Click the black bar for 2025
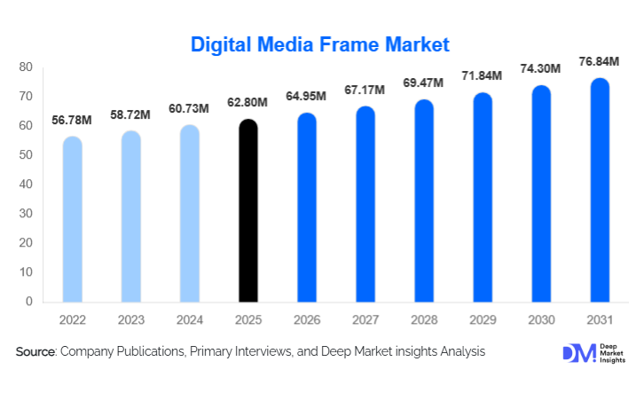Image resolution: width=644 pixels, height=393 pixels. [249, 210]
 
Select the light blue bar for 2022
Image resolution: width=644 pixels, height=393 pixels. [73, 219]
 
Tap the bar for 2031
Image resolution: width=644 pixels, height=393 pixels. [600, 190]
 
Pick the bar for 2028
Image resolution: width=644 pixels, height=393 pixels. [424, 200]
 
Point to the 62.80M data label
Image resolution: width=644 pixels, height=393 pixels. [249, 103]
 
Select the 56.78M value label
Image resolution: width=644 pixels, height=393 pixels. [73, 120]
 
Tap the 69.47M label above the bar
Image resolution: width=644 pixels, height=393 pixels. [424, 83]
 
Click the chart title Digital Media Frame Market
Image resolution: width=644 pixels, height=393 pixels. [321, 43]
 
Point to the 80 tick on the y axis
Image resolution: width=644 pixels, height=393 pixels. [26, 67]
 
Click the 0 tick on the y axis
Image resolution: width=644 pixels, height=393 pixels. [29, 302]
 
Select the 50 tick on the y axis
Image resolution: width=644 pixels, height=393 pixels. [26, 155]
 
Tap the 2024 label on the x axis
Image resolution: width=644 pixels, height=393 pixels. [190, 318]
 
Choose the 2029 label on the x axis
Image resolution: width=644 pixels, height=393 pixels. [483, 318]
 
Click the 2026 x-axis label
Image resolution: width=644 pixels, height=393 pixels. [307, 318]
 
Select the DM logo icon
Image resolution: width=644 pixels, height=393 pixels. [575, 352]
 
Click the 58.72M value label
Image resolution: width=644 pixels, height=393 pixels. [131, 114]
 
